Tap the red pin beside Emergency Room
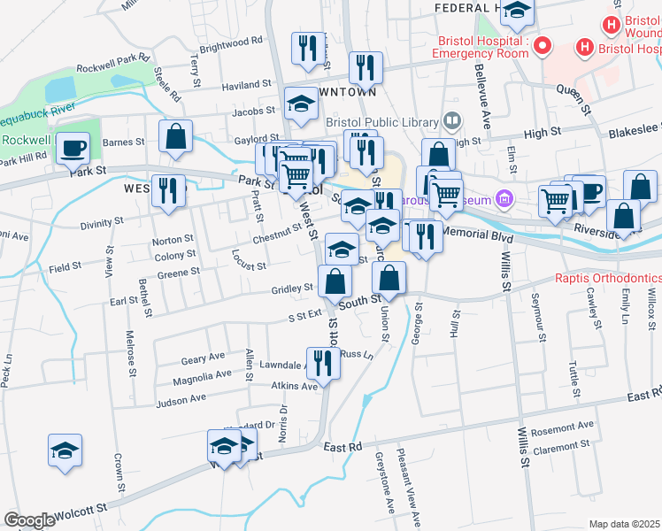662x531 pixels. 542,45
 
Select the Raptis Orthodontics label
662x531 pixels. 608,278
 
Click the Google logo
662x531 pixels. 28,520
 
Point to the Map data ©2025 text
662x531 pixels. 625,524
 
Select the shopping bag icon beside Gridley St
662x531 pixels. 335,281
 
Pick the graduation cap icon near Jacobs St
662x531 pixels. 301,104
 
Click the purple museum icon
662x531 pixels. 504,197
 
